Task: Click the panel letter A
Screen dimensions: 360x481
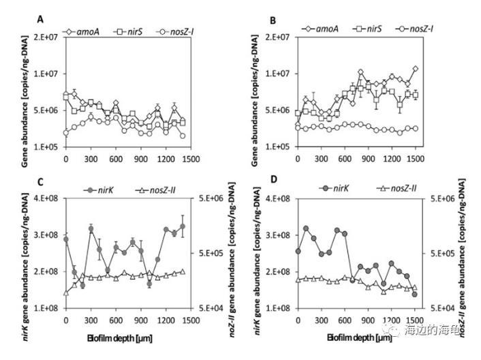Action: (x=41, y=19)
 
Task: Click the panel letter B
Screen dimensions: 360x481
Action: (x=273, y=20)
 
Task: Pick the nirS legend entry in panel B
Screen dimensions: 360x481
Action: (x=368, y=29)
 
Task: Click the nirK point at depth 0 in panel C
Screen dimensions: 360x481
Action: (x=66, y=239)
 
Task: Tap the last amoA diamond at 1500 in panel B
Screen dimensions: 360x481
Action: (x=414, y=69)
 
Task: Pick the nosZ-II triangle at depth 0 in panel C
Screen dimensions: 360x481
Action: (x=66, y=293)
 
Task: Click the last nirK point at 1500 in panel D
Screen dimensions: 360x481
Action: (x=414, y=294)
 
